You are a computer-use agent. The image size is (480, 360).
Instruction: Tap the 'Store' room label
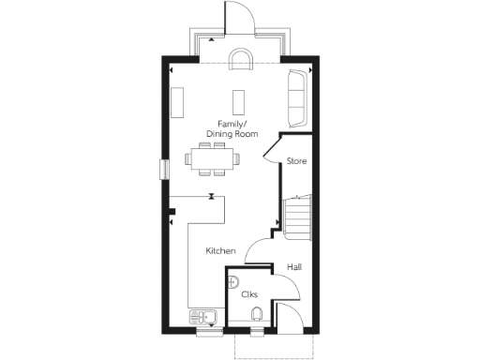coord(296,161)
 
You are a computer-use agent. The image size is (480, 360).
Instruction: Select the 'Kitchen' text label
coord(220,251)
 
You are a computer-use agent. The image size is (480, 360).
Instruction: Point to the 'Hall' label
coord(294,267)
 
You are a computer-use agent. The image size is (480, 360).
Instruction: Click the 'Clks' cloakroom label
coord(249,294)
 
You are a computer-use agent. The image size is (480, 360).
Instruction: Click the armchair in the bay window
coord(241,63)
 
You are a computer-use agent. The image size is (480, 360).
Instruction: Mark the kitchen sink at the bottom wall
coord(203,316)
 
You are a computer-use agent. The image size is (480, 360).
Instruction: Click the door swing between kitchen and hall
coord(257,249)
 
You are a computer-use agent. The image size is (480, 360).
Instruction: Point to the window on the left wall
coord(165,170)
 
